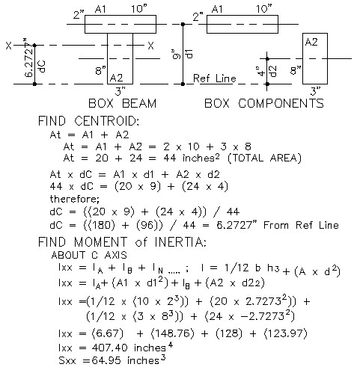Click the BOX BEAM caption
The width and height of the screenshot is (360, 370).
tap(123, 103)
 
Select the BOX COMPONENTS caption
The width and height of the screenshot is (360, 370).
tap(264, 103)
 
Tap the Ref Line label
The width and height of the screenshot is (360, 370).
tap(215, 78)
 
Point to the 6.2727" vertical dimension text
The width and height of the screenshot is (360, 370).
tap(29, 58)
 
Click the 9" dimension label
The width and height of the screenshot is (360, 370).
tap(177, 55)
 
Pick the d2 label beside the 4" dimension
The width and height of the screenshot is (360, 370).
tap(273, 71)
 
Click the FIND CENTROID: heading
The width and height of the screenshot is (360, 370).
tap(88, 121)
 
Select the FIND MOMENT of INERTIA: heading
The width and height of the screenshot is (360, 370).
tap(122, 242)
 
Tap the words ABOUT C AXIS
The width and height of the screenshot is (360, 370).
tap(89, 255)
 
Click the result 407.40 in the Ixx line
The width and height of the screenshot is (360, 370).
tap(110, 348)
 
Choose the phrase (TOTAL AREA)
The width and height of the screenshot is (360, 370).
tap(264, 158)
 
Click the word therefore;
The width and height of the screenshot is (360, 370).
tap(75, 199)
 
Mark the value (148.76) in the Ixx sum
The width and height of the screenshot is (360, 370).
tap(172, 333)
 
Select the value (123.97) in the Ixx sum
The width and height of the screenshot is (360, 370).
tap(285, 333)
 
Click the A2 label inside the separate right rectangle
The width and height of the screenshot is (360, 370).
tap(311, 42)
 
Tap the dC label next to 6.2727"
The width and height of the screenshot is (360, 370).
tap(42, 67)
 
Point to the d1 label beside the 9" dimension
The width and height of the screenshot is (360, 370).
tap(189, 53)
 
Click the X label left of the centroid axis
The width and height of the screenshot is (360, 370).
tap(9, 46)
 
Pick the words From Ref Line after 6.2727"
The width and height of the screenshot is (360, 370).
tap(301, 225)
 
